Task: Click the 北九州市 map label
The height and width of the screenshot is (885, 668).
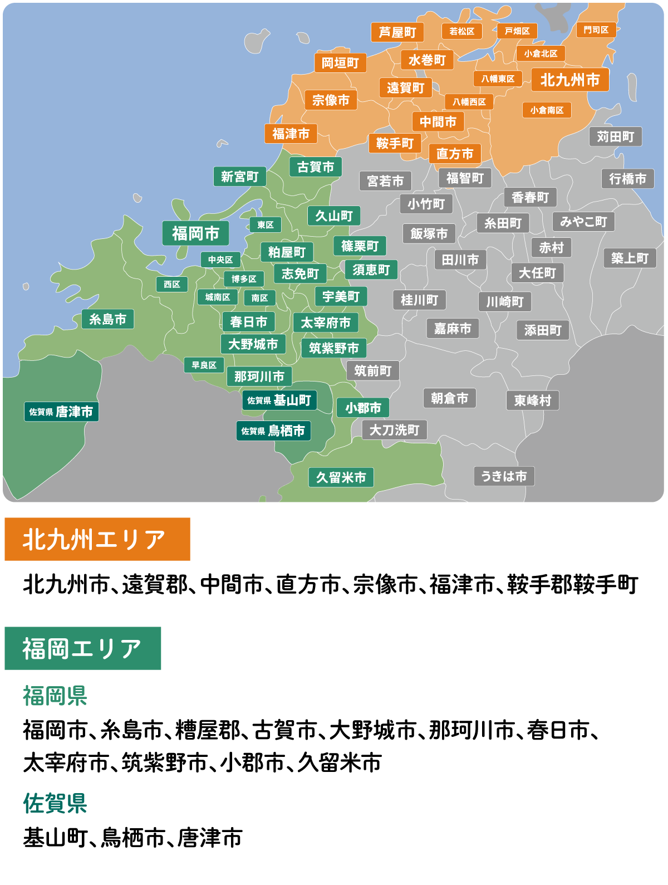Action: (x=570, y=80)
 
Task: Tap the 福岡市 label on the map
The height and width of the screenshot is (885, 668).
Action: (x=195, y=233)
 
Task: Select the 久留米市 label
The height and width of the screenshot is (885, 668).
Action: (x=341, y=477)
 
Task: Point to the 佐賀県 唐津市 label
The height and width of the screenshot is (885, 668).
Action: (x=61, y=412)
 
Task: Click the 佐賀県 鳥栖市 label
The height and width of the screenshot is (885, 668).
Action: (x=273, y=431)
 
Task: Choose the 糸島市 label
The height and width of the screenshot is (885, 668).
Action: (x=107, y=319)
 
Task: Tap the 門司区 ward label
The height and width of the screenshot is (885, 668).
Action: (x=596, y=30)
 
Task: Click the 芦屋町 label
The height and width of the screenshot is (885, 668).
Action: (x=397, y=32)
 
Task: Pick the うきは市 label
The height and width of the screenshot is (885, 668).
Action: (x=504, y=476)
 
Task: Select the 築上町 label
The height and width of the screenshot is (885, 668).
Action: (x=630, y=258)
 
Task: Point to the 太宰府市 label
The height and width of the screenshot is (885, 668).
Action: (x=326, y=322)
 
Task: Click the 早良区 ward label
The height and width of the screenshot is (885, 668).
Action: (x=204, y=365)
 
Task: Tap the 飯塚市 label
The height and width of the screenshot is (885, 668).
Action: (x=429, y=233)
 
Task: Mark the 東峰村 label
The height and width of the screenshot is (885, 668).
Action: (x=532, y=400)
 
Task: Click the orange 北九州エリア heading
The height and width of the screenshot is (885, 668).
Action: (x=97, y=539)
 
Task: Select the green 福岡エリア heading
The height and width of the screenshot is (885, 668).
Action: (x=83, y=648)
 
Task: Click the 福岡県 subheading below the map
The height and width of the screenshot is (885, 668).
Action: (x=55, y=696)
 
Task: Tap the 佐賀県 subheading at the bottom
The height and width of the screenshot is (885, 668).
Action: (x=55, y=804)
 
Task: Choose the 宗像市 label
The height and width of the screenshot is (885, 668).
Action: (x=331, y=100)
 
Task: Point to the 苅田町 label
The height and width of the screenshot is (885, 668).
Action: (x=615, y=136)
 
